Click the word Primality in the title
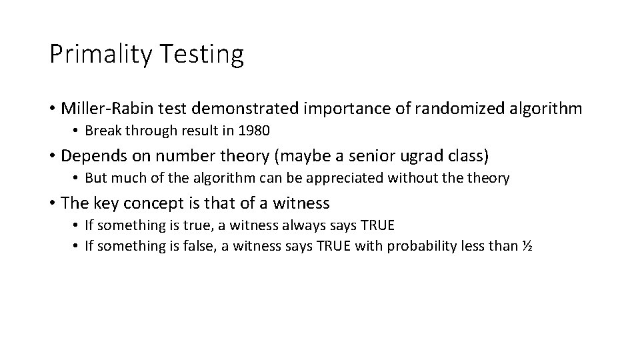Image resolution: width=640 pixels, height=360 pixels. [x=99, y=55]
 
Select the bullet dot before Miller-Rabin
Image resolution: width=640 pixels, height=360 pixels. [x=53, y=108]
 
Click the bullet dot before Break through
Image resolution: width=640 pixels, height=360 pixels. [x=77, y=130]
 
